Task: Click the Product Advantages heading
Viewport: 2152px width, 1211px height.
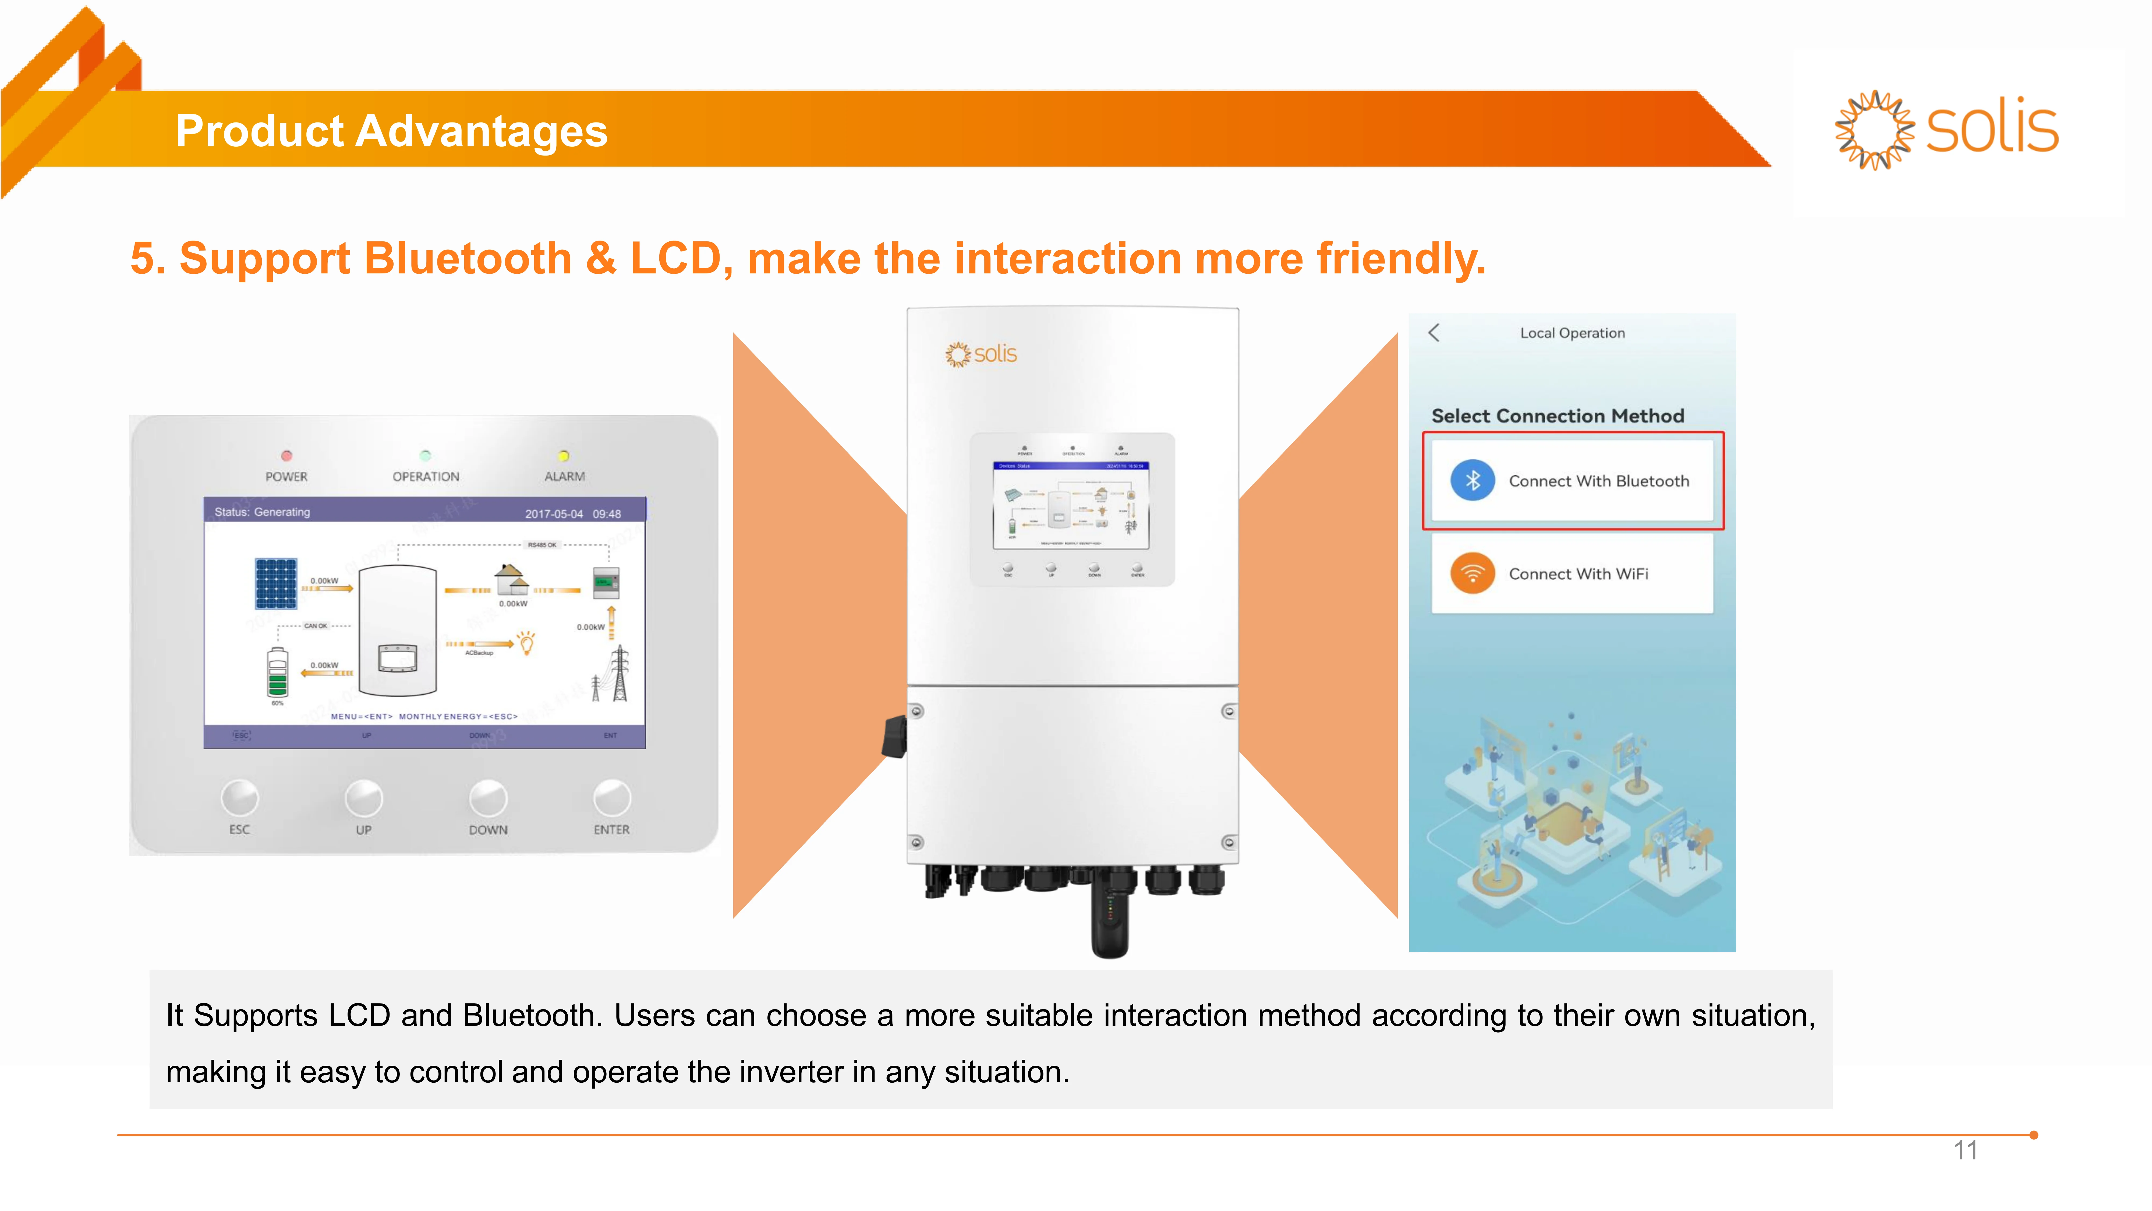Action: pyautogui.click(x=391, y=131)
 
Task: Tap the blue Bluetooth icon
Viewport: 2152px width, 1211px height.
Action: pyautogui.click(x=1472, y=481)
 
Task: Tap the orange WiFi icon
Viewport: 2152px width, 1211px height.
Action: pyautogui.click(x=1472, y=573)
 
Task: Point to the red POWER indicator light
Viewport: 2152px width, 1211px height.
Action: pyautogui.click(x=286, y=456)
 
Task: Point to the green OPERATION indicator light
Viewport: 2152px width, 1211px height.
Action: pyautogui.click(x=425, y=456)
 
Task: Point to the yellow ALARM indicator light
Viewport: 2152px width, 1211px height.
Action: pyautogui.click(x=564, y=456)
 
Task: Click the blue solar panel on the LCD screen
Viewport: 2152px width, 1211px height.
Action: pyautogui.click(x=276, y=583)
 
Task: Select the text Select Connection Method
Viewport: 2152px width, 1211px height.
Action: pyautogui.click(x=1557, y=416)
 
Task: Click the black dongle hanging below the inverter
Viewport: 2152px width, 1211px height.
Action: pyautogui.click(x=1109, y=919)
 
